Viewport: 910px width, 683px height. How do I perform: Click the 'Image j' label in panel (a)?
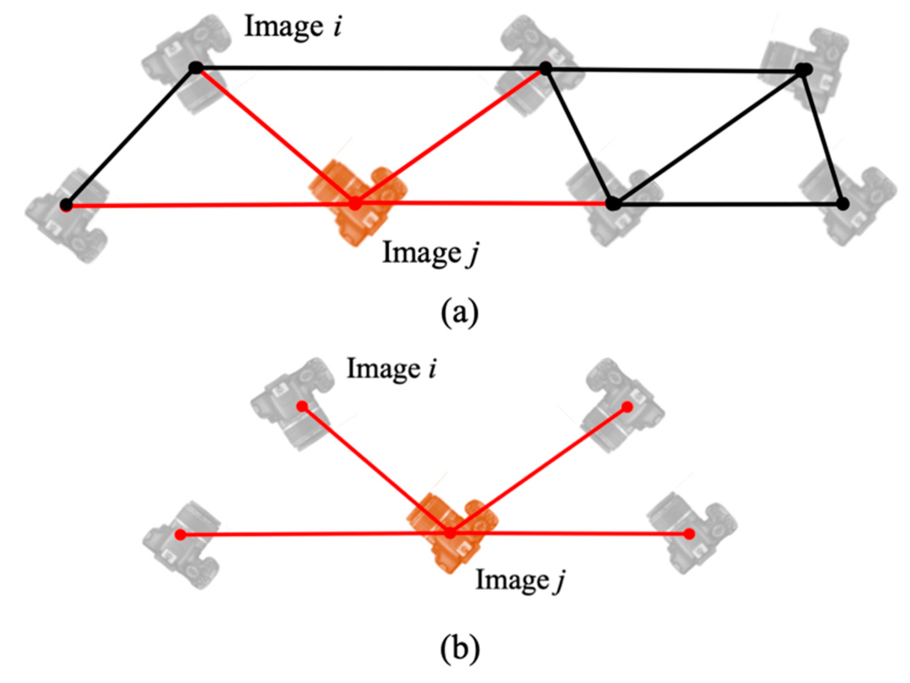coord(431,253)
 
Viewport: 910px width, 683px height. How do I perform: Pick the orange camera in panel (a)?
coord(358,202)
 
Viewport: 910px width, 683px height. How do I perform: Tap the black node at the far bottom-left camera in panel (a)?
coord(66,204)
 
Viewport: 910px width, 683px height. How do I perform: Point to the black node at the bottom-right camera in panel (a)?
coord(844,203)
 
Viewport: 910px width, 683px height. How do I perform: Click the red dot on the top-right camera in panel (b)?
coord(627,407)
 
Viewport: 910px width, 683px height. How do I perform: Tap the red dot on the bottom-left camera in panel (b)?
coord(180,535)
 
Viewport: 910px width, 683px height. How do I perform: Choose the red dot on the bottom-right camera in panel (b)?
coord(689,534)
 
